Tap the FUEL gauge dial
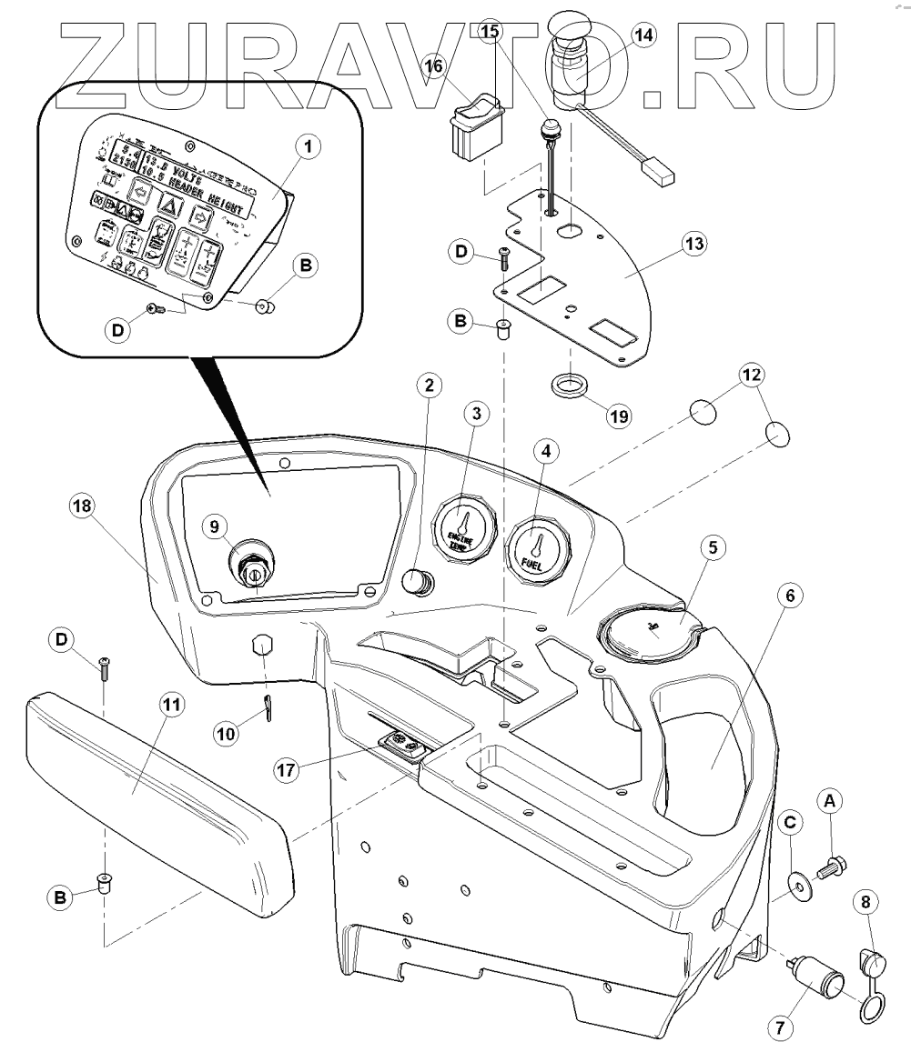[536, 551]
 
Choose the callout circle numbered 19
[620, 415]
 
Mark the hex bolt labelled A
[832, 862]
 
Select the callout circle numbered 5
[714, 547]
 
